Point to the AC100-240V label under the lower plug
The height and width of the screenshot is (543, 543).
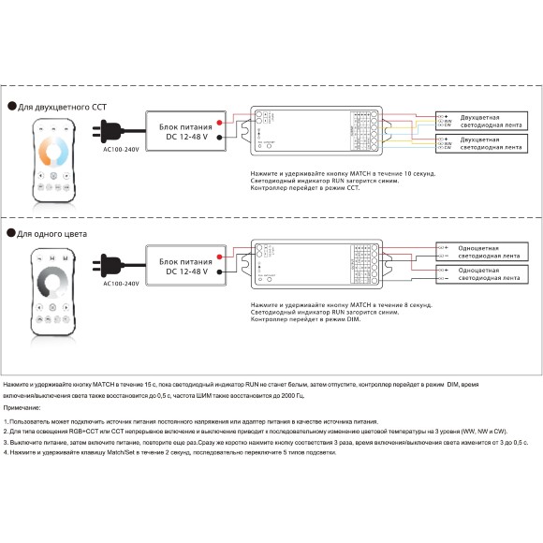(121, 282)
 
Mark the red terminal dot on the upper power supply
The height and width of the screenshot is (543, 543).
(219, 123)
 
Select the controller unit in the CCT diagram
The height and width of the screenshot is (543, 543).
(314, 131)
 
